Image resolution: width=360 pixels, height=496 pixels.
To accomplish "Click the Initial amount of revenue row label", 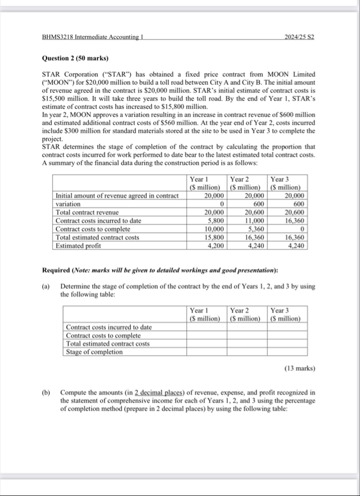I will pyautogui.click(x=116, y=195).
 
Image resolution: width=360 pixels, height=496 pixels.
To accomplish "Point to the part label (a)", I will pyautogui.click(x=47, y=287).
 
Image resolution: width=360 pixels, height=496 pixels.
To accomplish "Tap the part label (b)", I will pyautogui.click(x=47, y=393).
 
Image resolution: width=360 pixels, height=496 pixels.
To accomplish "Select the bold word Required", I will pyautogui.click(x=60, y=269).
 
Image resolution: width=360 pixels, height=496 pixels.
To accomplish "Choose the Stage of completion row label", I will pyautogui.click(x=94, y=352).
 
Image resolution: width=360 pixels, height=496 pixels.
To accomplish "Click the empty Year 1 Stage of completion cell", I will pyautogui.click(x=207, y=352).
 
